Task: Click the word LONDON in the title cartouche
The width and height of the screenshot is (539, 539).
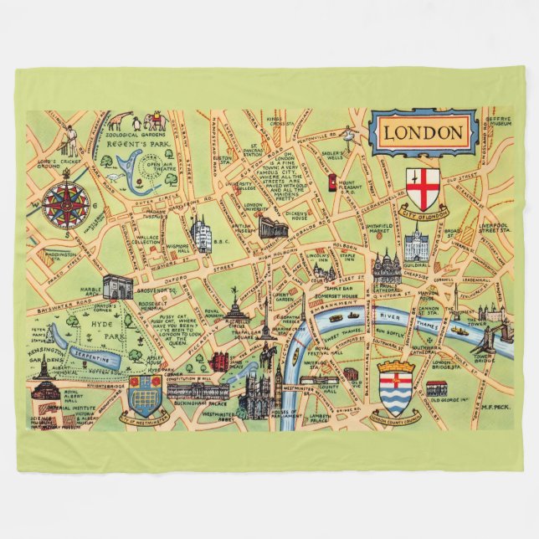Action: [423, 133]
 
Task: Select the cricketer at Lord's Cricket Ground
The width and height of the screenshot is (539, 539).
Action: [71, 140]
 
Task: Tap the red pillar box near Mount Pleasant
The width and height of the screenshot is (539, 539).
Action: [332, 181]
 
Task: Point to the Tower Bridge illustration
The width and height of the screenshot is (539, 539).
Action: [485, 338]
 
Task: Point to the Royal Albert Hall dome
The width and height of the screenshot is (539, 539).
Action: [47, 387]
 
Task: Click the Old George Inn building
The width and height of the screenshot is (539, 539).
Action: [436, 388]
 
